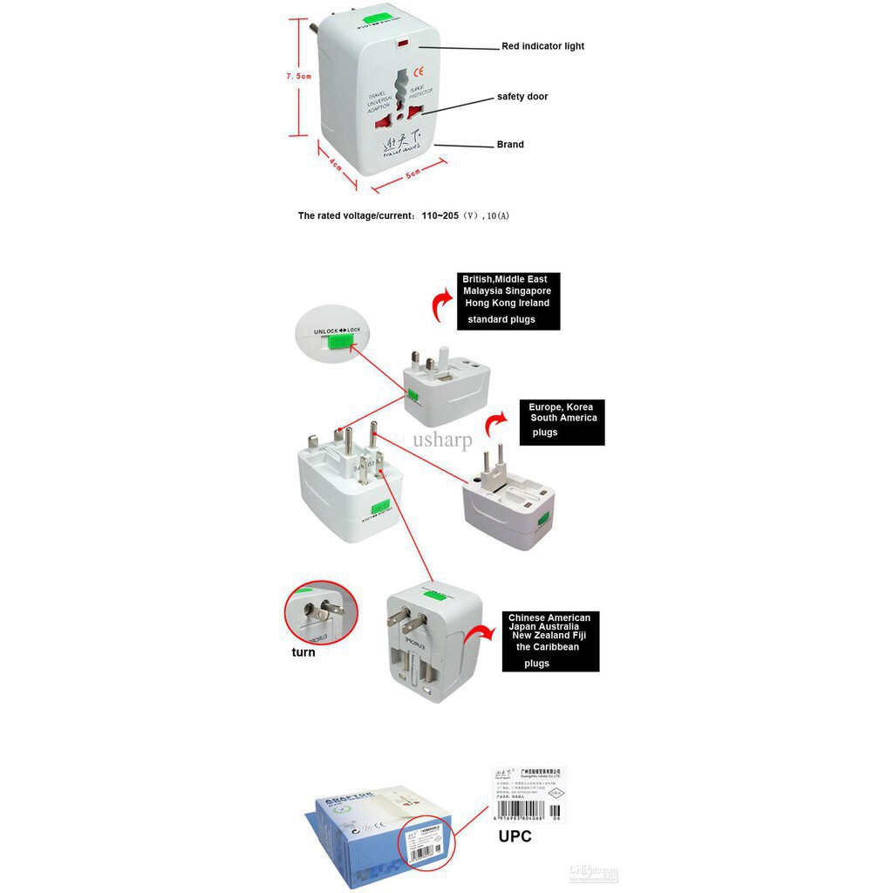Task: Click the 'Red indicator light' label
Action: pyautogui.click(x=542, y=46)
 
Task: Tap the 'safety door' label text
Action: pyautogui.click(x=522, y=97)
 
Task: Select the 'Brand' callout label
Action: pyautogui.click(x=510, y=145)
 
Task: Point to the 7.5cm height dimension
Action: pyautogui.click(x=298, y=77)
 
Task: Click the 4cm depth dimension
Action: pyautogui.click(x=336, y=163)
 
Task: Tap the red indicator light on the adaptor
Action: pyautogui.click(x=401, y=43)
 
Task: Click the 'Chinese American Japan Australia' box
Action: pyautogui.click(x=550, y=642)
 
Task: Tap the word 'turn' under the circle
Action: pyautogui.click(x=303, y=652)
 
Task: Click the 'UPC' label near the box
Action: pyautogui.click(x=515, y=836)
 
